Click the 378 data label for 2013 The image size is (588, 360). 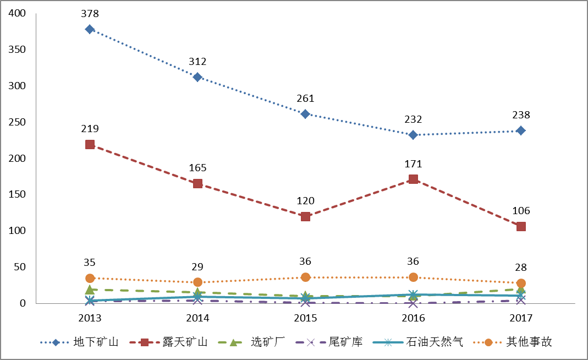(90, 13)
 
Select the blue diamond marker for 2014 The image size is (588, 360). (197, 77)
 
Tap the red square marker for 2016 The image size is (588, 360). (413, 179)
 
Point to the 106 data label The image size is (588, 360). (521, 211)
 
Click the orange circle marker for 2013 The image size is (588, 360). (90, 278)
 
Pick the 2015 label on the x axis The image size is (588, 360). (305, 318)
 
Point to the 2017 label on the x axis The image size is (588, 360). (521, 318)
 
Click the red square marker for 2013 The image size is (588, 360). (90, 145)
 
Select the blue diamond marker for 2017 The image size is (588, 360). (521, 130)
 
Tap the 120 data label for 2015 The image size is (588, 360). (305, 201)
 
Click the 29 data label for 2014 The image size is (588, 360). (197, 267)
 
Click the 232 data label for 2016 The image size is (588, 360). (413, 119)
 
